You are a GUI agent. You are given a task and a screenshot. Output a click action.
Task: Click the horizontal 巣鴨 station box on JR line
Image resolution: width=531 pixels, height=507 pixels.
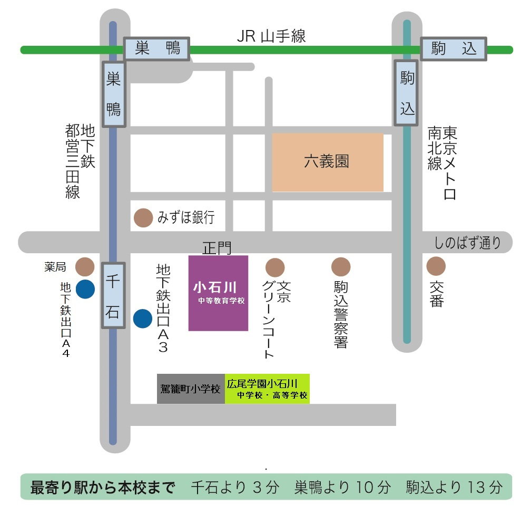click(x=157, y=49)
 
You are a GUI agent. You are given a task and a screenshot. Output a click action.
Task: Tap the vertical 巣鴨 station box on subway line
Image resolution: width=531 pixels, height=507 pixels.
click(x=113, y=94)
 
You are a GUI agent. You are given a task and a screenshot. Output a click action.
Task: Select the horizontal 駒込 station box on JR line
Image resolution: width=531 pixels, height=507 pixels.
click(x=454, y=49)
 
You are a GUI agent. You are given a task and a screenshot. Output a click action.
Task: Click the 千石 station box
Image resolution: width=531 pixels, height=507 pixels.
click(x=113, y=296)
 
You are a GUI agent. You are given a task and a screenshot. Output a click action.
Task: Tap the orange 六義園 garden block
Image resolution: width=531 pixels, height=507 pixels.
click(x=327, y=162)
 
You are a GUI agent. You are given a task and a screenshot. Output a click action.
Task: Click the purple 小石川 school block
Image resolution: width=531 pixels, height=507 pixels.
click(x=218, y=293)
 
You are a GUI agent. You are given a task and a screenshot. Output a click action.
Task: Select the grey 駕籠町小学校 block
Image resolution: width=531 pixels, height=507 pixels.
click(x=191, y=389)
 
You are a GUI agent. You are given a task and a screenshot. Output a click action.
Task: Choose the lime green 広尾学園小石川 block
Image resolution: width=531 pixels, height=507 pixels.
click(x=267, y=389)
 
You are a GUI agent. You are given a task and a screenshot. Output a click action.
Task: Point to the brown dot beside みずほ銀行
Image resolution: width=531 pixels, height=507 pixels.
click(x=143, y=218)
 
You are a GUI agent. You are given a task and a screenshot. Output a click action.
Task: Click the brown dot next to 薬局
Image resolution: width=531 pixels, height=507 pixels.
click(x=85, y=267)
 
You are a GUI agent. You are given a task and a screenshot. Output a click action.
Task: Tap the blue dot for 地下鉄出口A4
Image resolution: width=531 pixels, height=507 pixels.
click(x=85, y=289)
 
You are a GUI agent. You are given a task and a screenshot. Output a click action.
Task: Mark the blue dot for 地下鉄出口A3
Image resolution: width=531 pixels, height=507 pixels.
click(x=142, y=318)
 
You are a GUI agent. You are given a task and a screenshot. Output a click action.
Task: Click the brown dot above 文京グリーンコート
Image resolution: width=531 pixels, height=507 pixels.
click(x=274, y=267)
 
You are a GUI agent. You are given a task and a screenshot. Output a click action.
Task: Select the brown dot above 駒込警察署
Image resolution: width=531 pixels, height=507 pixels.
click(x=341, y=267)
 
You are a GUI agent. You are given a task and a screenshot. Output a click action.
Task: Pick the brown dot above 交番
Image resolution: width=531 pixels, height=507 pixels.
click(x=436, y=266)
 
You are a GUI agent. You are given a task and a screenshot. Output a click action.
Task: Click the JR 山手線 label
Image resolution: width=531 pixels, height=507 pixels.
click(x=271, y=36)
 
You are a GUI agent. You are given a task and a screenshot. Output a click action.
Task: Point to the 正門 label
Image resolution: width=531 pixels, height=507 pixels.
click(x=217, y=247)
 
